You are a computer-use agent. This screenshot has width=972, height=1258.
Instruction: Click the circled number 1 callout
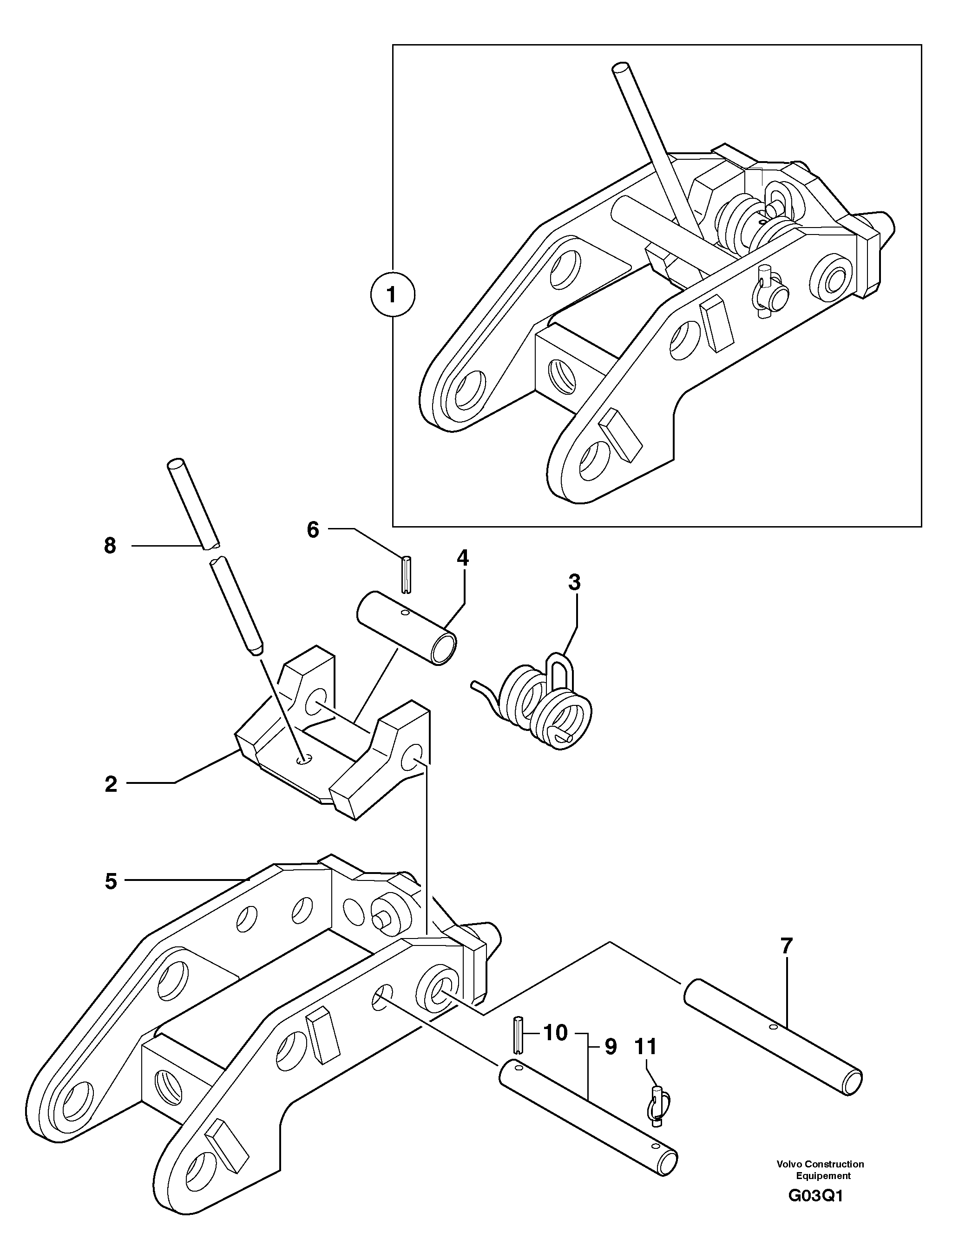pos(392,295)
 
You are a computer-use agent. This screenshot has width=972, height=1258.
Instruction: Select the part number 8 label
pos(110,546)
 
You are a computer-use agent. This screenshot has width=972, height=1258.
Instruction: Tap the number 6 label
pos(313,529)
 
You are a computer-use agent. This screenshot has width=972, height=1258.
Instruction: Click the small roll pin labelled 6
pos(406,573)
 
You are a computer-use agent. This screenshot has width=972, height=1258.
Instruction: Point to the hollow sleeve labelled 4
pos(406,627)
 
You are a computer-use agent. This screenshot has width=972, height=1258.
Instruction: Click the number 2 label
pos(111,784)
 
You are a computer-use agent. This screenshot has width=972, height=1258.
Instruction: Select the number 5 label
pos(111,881)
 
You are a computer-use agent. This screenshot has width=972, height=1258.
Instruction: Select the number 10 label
pos(555,1033)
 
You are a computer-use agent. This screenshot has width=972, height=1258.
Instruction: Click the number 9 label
pos(611,1047)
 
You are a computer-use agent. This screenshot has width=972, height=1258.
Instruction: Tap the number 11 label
pos(646,1046)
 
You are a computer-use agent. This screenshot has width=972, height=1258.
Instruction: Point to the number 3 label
pos(574,582)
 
